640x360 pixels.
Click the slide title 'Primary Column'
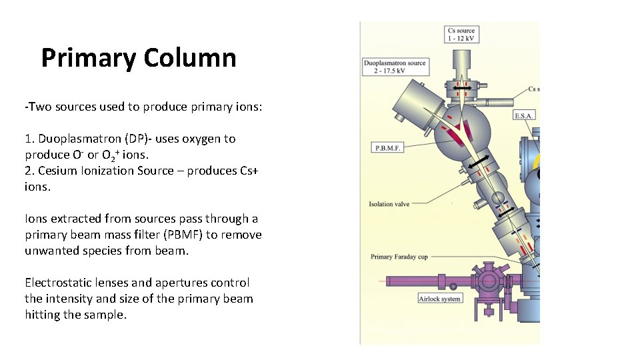(139, 58)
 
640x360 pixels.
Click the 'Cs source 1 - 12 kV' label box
(461, 34)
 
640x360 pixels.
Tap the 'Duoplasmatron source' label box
(394, 67)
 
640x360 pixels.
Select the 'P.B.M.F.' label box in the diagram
(387, 148)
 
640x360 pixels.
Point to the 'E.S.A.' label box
(523, 116)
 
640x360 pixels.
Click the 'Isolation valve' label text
(389, 204)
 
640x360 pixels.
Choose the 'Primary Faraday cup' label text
(399, 257)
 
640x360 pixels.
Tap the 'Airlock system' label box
(439, 299)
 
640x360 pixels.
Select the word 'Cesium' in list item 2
(57, 171)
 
